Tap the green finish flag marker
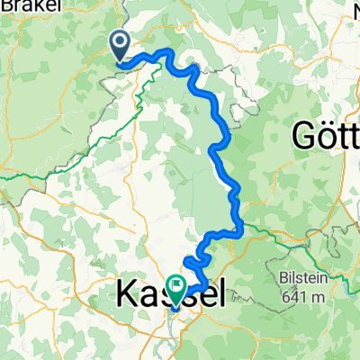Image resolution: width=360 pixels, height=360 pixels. (174, 287)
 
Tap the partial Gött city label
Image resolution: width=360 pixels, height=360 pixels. (326, 136)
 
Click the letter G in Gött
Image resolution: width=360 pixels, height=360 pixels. (302, 136)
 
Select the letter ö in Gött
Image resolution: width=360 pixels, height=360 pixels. (324, 136)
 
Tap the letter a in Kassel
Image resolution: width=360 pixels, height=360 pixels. (148, 294)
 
